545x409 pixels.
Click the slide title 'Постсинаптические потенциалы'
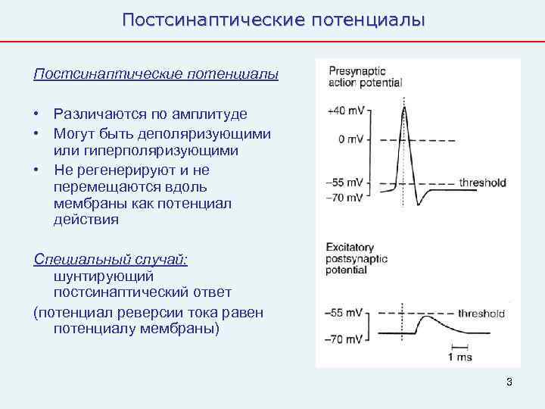(x=273, y=19)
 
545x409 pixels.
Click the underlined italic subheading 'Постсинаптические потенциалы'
(x=156, y=74)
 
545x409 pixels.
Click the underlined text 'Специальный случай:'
(x=111, y=259)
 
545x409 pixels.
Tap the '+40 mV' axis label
(x=345, y=111)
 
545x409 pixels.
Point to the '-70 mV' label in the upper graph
(x=345, y=198)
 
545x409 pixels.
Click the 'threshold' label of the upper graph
(x=482, y=183)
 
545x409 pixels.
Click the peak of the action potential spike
(x=405, y=107)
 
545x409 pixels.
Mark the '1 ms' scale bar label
(x=460, y=357)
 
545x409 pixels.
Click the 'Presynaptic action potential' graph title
(x=365, y=77)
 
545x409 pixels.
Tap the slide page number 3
(x=509, y=382)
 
